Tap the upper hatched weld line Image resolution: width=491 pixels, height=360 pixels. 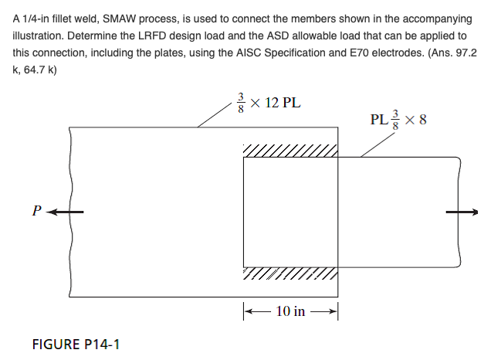point(290,150)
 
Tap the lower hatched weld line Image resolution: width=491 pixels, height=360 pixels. point(290,274)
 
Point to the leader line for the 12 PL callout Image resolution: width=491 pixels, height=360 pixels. point(215,116)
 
